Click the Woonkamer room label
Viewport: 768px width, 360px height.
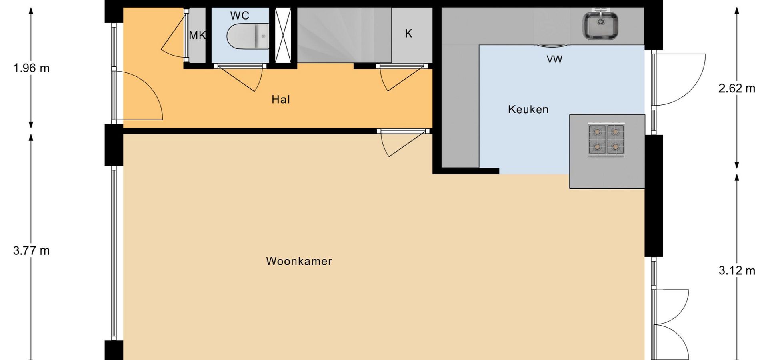[299, 261]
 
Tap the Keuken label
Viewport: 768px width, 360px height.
[528, 109]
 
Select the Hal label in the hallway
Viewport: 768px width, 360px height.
[280, 100]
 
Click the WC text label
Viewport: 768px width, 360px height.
[240, 16]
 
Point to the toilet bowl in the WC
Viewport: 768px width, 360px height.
[248, 36]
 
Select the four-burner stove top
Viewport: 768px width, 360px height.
[606, 140]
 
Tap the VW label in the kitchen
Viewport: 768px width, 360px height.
[554, 59]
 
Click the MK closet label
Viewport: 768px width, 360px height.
[197, 36]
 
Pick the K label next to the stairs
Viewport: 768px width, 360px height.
[408, 34]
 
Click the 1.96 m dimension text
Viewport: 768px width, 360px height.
[32, 68]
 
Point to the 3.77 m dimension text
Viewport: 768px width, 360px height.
[32, 251]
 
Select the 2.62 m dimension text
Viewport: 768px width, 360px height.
[737, 88]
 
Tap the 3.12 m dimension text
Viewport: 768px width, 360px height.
[737, 271]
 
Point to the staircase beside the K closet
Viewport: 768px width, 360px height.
[344, 35]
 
